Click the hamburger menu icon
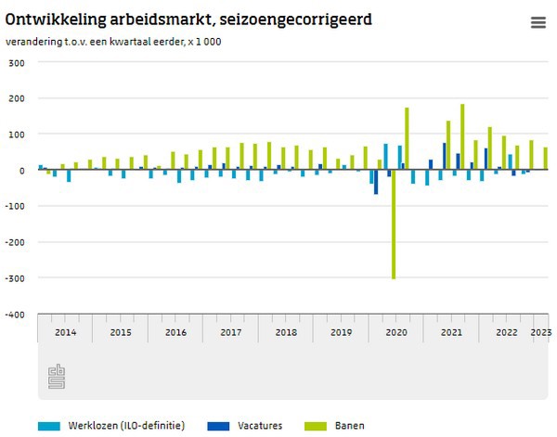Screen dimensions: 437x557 click(x=538, y=23)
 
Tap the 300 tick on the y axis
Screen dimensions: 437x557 click(x=16, y=63)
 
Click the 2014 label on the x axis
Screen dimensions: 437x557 click(x=65, y=331)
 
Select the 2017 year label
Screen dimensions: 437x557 click(x=231, y=331)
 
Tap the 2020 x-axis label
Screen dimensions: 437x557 click(x=396, y=331)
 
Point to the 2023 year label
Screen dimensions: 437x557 click(x=540, y=331)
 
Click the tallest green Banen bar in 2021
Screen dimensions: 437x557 click(x=462, y=136)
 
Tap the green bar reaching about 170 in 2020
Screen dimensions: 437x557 click(x=407, y=139)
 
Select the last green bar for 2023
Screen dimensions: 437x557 click(x=545, y=159)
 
